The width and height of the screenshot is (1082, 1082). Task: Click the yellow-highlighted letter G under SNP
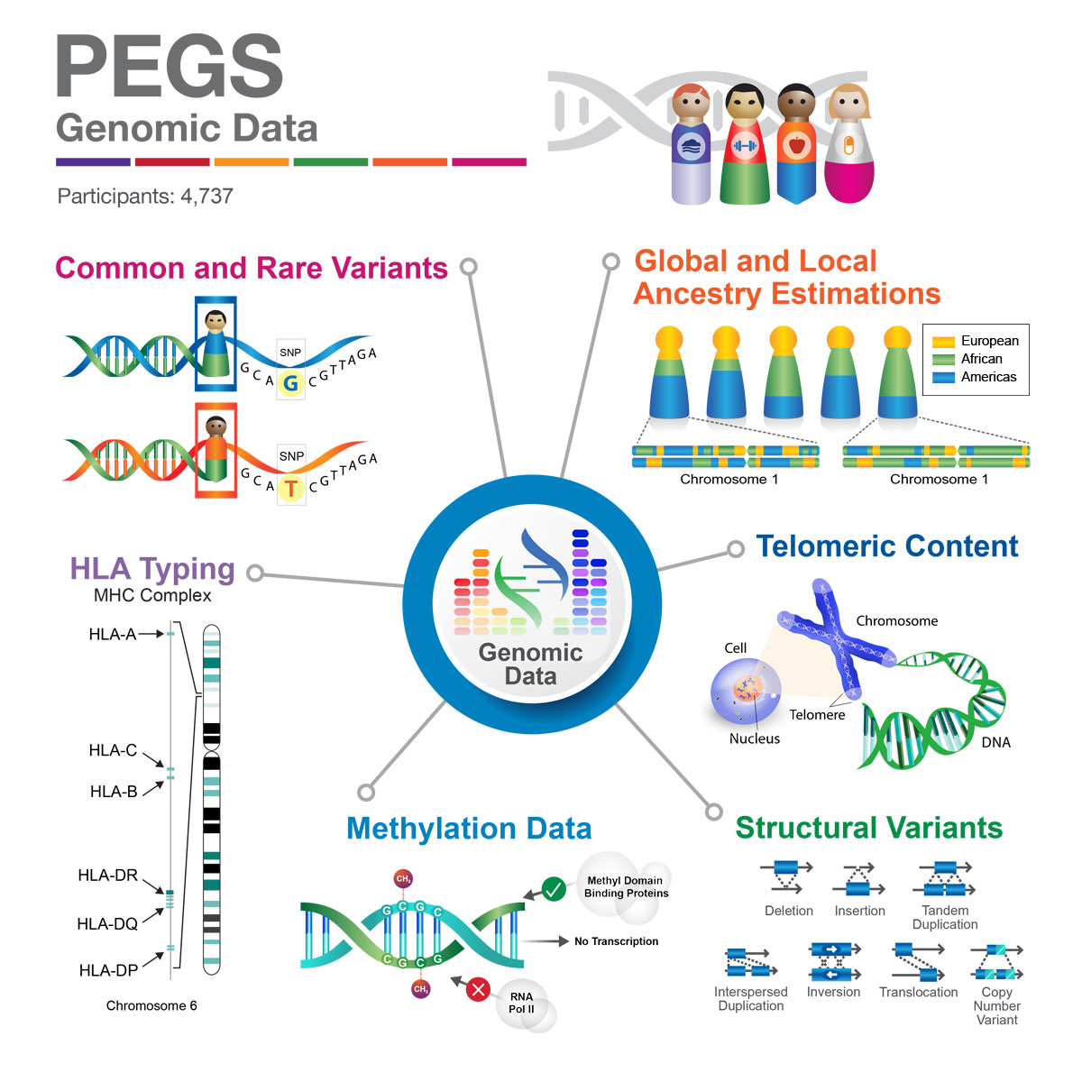[290, 383]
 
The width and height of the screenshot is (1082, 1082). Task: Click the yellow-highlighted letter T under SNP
[290, 489]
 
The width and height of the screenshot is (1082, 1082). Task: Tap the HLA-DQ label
[107, 923]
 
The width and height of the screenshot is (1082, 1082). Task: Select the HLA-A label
[112, 634]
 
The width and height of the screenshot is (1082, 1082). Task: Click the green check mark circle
[554, 890]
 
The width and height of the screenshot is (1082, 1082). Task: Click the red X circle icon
[478, 990]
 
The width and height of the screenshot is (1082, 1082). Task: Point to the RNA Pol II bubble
[522, 1004]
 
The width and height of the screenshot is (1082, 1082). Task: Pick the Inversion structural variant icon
[834, 961]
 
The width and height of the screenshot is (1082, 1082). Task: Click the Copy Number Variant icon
[996, 962]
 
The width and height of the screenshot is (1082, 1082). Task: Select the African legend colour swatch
[943, 360]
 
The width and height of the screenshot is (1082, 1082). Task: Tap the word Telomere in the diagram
[817, 715]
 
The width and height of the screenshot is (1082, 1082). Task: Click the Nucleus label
[755, 738]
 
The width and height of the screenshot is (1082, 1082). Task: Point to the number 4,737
[206, 196]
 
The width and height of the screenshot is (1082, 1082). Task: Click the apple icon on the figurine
[795, 144]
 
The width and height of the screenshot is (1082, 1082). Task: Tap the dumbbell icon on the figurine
[743, 145]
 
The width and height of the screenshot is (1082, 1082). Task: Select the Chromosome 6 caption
[151, 1005]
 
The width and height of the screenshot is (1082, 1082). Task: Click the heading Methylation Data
[469, 829]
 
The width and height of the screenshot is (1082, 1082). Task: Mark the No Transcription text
[616, 941]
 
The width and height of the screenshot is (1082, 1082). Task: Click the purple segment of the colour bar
[93, 162]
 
